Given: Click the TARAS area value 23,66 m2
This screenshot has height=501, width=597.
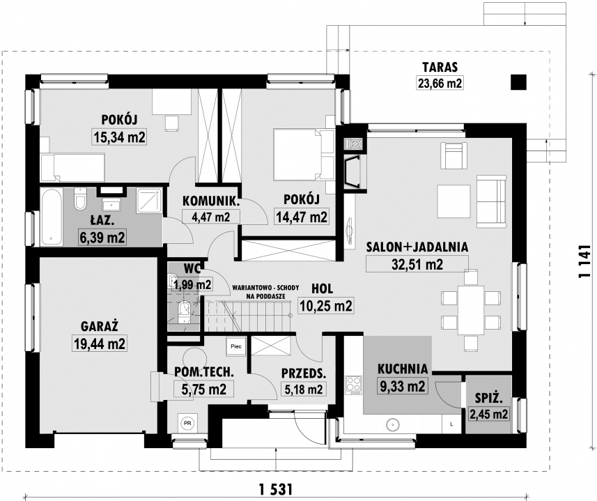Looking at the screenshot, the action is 440,83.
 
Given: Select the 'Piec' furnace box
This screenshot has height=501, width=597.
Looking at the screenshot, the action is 235,346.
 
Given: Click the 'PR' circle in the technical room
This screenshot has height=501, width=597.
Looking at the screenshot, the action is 187,423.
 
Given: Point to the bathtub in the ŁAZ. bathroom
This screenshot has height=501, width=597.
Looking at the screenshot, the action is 52,217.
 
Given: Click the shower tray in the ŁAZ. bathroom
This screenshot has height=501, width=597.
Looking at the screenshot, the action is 149,200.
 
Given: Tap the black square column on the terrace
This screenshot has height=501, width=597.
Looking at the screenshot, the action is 518,82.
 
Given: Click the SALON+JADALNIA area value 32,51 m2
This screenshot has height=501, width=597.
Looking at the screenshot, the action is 417,264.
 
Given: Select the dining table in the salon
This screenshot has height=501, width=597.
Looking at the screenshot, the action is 471,309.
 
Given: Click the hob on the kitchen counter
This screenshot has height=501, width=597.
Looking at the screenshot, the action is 353,385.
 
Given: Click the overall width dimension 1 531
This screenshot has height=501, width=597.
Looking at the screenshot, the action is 275,488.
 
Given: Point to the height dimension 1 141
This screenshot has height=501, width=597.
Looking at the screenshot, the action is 584,261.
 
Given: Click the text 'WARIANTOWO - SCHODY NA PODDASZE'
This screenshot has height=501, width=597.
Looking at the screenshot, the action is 265,292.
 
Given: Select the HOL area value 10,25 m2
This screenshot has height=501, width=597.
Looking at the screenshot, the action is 326,306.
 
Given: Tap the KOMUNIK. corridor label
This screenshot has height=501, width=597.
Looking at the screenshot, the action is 211,201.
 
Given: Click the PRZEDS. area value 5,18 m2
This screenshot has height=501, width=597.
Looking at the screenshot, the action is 304,389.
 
